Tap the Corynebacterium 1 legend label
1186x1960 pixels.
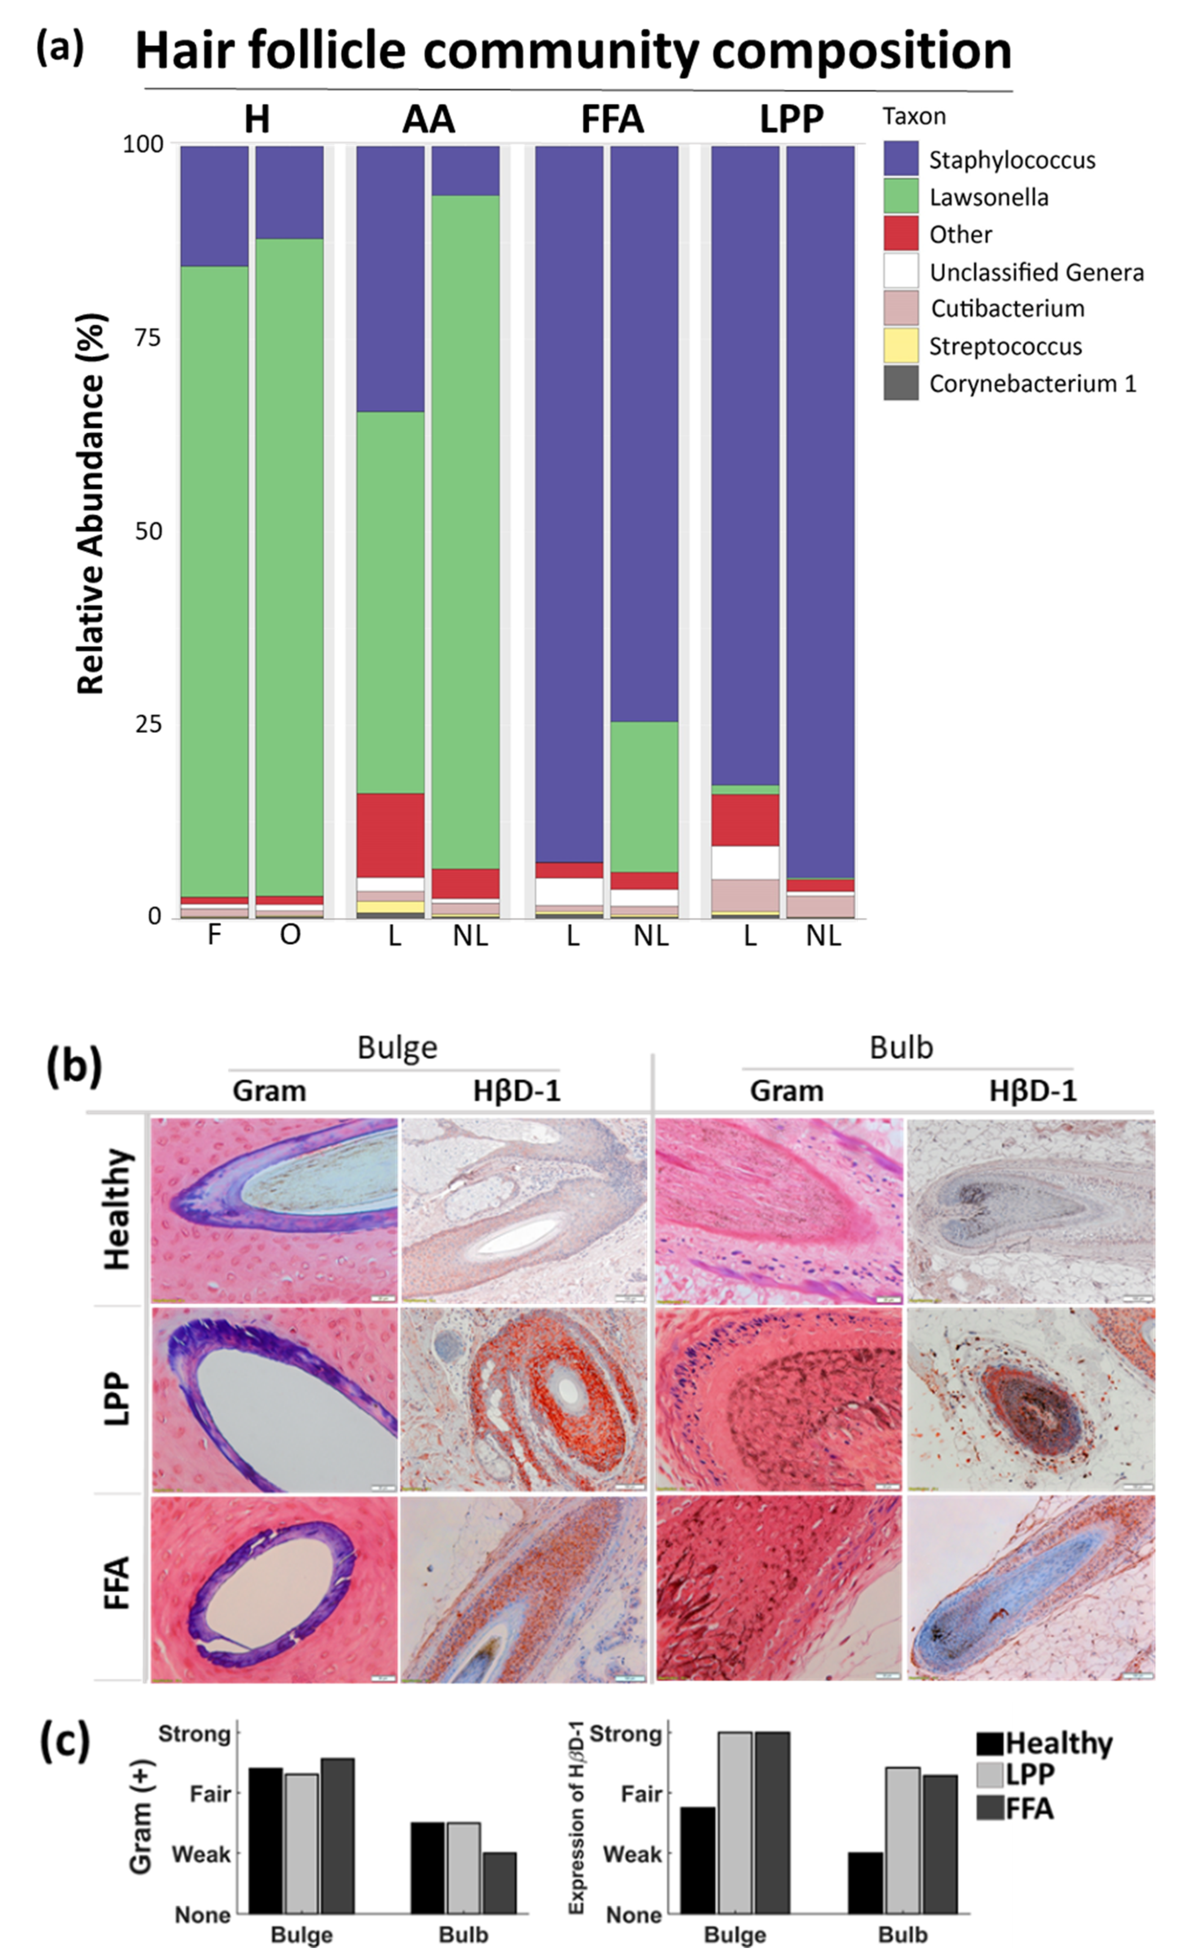pos(1033,383)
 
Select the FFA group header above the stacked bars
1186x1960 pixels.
pos(612,119)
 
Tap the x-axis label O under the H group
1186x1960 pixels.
pos(290,935)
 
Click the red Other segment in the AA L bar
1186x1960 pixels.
pos(390,835)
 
